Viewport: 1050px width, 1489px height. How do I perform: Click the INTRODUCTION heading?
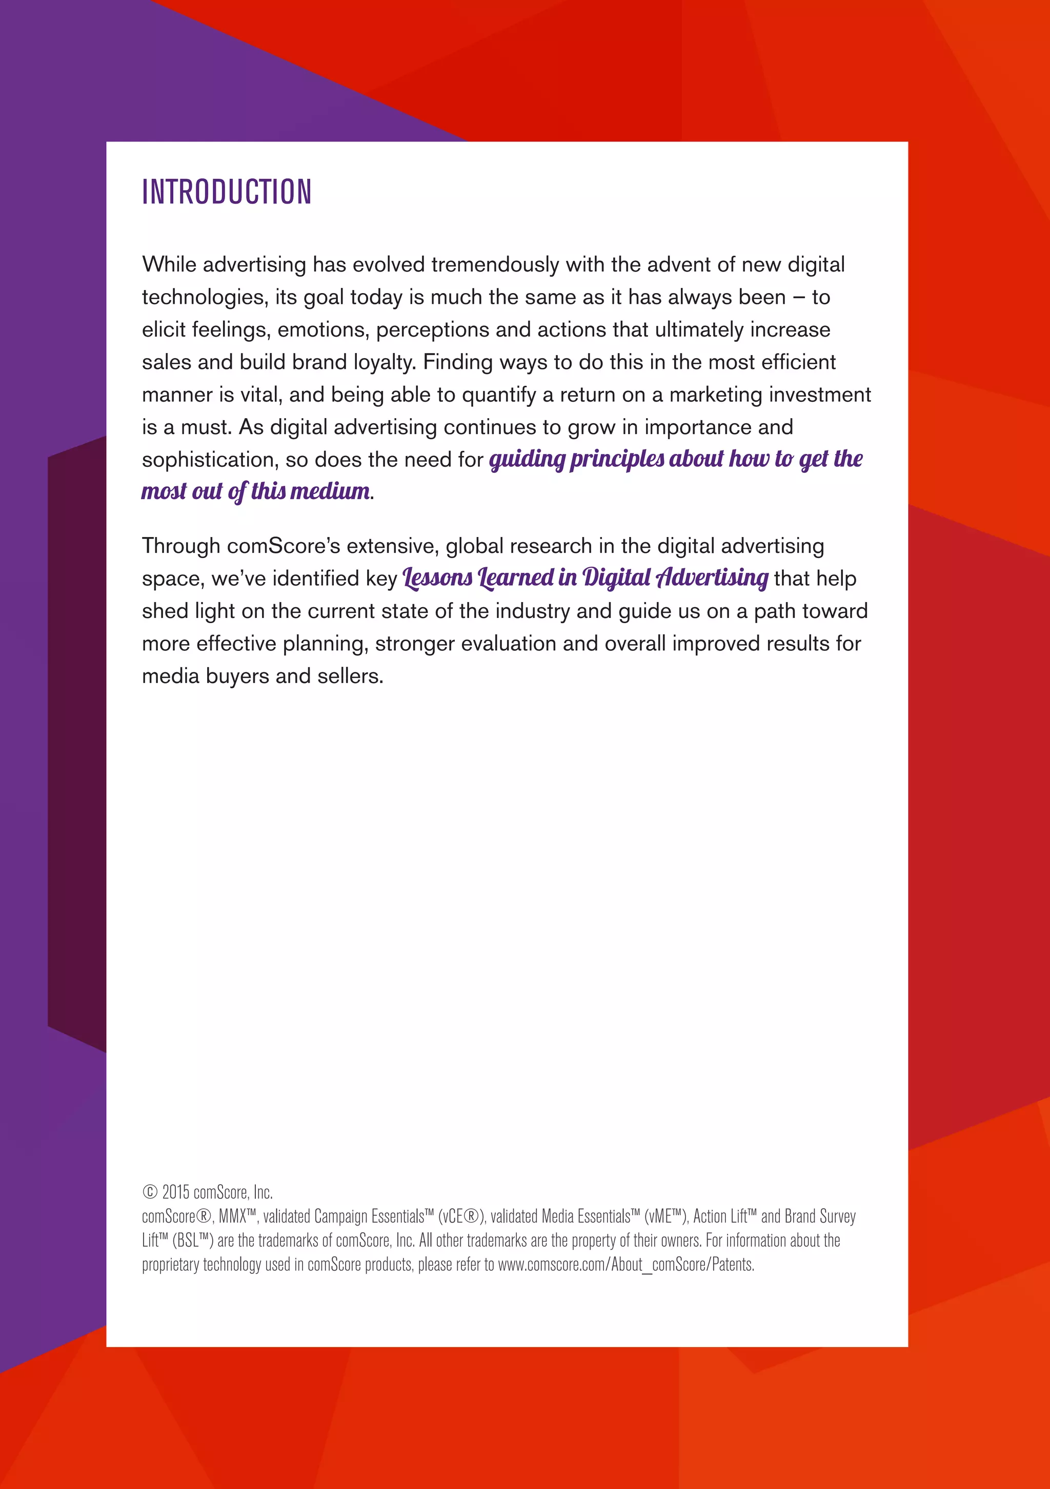click(x=227, y=192)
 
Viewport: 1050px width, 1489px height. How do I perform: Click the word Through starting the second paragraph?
click(x=181, y=546)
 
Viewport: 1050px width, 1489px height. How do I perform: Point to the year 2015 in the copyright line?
click(x=175, y=1192)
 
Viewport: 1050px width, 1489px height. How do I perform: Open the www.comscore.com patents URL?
click(x=625, y=1265)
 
